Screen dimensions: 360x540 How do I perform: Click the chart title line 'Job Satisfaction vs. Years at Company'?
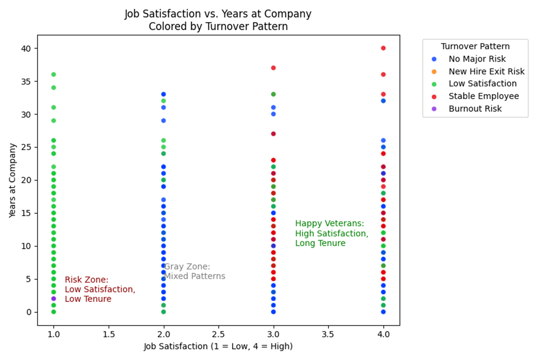218,14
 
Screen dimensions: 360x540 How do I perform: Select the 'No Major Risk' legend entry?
477,59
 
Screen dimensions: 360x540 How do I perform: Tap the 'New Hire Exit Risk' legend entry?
486,71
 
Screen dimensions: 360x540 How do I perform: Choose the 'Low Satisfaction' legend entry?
482,84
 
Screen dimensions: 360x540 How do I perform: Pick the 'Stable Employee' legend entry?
484,96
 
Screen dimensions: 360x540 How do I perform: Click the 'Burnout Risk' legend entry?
475,109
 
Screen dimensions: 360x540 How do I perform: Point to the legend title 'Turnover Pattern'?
475,47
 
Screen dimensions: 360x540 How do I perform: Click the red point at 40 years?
383,48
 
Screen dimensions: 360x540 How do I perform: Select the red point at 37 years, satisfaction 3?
273,68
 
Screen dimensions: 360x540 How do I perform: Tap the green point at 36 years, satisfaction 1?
53,74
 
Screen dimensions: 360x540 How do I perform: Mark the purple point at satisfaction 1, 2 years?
53,299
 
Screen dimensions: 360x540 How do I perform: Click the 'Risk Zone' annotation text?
100,290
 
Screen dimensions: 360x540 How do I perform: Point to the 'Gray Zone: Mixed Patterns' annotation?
194,271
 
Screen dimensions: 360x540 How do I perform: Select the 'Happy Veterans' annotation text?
331,233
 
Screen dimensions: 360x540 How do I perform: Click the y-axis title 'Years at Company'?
13,181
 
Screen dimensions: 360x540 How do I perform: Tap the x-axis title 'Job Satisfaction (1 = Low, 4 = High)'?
218,346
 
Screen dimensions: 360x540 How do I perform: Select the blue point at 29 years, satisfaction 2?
163,120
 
